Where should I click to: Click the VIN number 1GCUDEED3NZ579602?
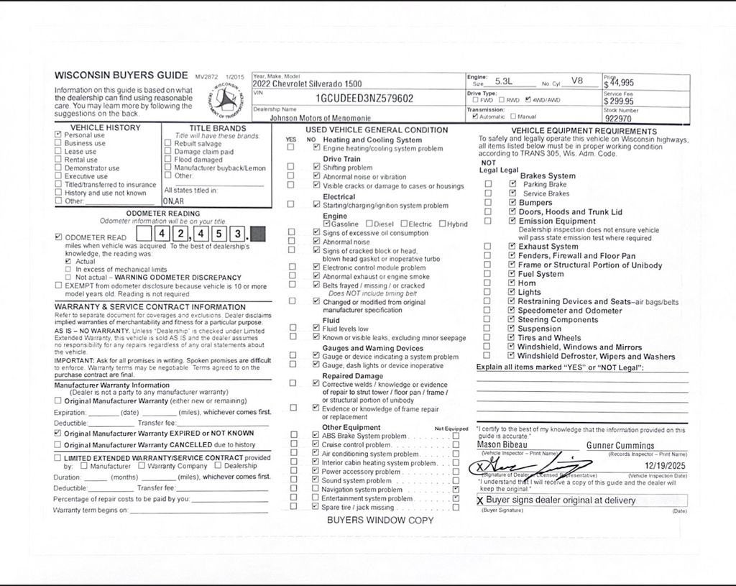coord(364,99)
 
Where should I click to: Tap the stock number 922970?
coord(618,119)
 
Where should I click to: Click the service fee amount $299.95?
coord(619,101)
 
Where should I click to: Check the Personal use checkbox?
coord(58,134)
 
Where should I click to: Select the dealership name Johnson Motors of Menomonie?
coord(321,117)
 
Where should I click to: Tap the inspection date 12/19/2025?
coord(666,467)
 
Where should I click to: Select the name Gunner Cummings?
coord(620,446)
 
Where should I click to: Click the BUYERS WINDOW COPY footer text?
coord(380,520)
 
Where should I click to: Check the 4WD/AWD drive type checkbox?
coord(529,100)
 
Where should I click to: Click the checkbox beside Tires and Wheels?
coord(512,338)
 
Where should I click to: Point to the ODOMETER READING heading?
coord(163,214)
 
